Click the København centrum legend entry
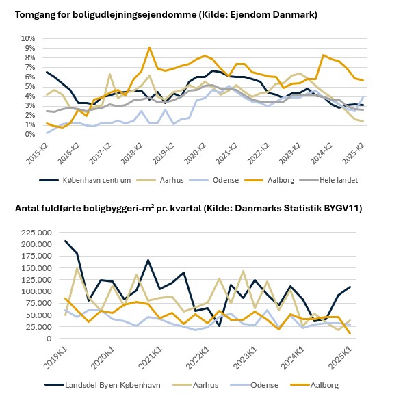(x=85, y=180)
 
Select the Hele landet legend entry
(x=328, y=180)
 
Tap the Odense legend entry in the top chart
(x=214, y=180)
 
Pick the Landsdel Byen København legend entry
(x=103, y=385)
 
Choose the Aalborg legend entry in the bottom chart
(x=315, y=385)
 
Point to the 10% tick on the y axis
(x=28, y=38)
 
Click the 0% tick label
(x=30, y=135)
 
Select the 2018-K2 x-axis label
(x=132, y=153)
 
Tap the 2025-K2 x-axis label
(x=354, y=153)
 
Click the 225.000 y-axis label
(x=36, y=233)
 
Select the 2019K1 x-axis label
(x=55, y=358)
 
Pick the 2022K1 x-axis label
(x=198, y=358)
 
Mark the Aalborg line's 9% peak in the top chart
(x=149, y=47)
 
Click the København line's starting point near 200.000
(x=65, y=241)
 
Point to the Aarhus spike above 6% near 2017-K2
(x=109, y=75)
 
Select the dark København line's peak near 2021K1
(x=148, y=260)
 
